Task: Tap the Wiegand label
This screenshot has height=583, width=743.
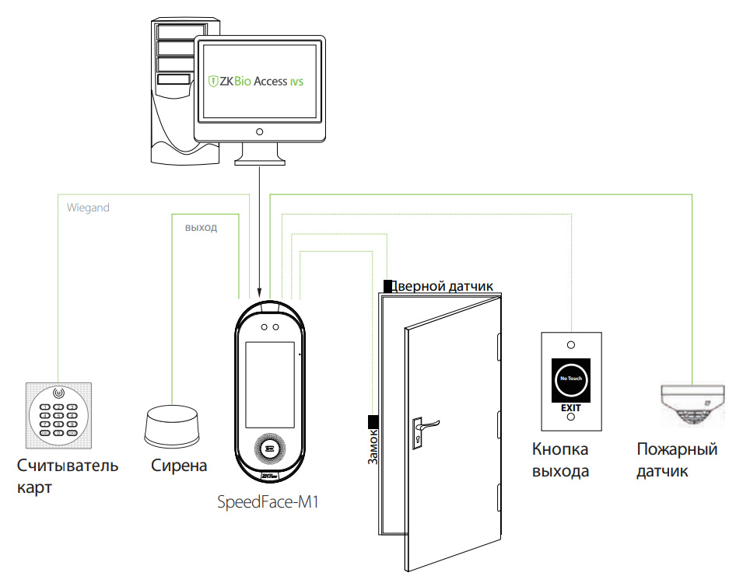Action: pos(88,208)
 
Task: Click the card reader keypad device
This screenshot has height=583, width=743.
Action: pos(59,416)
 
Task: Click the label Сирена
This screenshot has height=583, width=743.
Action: pos(179,466)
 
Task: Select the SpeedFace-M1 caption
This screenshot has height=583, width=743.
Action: pos(268,503)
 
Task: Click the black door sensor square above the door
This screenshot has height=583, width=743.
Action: pos(387,286)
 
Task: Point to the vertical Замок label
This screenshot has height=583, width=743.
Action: pos(373,447)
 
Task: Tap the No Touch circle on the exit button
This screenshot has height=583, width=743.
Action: pos(571,379)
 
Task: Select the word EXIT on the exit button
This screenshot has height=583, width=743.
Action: pos(571,407)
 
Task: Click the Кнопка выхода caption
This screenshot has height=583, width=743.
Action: pos(560,460)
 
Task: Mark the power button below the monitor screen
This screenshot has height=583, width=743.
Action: pos(259,131)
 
